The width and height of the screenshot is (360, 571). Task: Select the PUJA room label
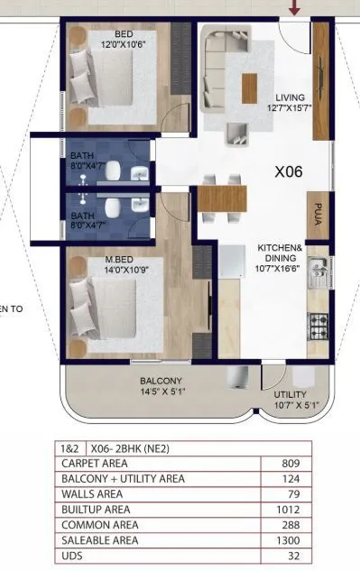[x=318, y=214]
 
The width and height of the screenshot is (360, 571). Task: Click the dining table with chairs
[x=221, y=198]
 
